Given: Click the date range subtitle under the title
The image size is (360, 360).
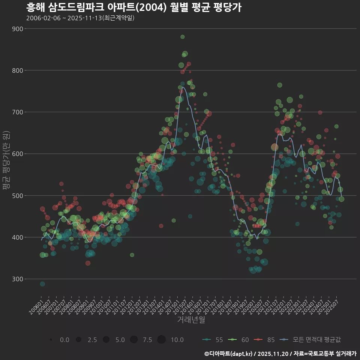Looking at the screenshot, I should click(x=80, y=18).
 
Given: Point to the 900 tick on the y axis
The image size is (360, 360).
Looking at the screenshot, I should click(x=17, y=29).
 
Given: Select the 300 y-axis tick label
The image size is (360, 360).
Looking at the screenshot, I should click(x=17, y=279).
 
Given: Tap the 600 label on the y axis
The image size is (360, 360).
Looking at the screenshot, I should click(x=17, y=154).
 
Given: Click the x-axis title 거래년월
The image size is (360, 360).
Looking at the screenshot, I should click(x=191, y=320).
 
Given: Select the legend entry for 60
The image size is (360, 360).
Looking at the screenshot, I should click(x=238, y=340).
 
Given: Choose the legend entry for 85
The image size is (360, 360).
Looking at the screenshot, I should click(x=264, y=340).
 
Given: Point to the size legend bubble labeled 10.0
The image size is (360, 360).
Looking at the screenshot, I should click(x=162, y=340).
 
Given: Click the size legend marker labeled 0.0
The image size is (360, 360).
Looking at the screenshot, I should click(x=51, y=340).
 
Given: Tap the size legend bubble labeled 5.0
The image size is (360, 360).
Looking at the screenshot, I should click(x=106, y=340).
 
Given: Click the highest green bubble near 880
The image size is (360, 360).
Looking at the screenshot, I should click(x=183, y=37).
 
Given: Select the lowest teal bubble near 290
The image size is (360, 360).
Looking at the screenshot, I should click(x=42, y=284).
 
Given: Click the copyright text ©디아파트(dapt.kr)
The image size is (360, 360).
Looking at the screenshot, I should click(x=229, y=354).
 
